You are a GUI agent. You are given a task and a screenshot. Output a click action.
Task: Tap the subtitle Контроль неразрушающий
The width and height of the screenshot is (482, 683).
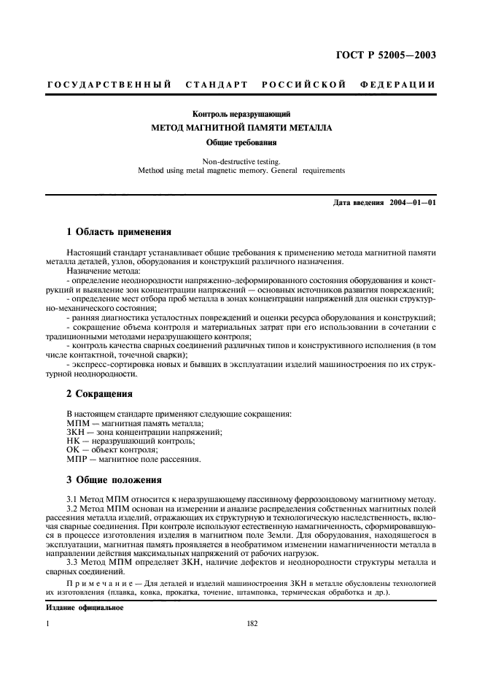click(x=241, y=114)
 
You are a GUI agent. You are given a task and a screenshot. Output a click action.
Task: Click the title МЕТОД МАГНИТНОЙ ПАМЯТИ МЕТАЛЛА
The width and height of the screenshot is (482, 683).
click(x=241, y=128)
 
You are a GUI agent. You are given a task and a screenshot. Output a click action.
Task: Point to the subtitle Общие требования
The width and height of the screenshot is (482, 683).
click(x=241, y=142)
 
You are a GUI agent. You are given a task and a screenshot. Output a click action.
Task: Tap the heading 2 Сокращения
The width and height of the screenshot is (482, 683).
click(x=99, y=394)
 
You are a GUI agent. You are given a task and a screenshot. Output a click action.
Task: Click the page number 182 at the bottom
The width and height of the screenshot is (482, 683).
click(x=241, y=624)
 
